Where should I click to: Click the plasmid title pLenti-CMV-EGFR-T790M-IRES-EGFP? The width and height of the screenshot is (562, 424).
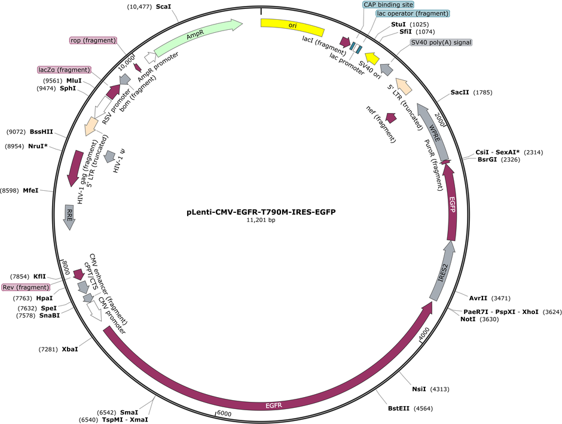[x=261, y=212]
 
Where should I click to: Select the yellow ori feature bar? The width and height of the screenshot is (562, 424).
[x=292, y=26]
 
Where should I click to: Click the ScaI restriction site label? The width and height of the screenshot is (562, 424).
[x=163, y=7]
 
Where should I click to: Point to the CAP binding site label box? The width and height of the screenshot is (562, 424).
[x=389, y=5]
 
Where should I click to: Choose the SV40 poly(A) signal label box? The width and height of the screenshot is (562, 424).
[x=441, y=42]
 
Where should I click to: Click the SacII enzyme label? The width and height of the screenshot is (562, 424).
[x=460, y=93]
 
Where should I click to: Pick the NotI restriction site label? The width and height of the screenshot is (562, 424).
[x=468, y=319]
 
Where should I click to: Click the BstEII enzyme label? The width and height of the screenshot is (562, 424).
[x=399, y=408]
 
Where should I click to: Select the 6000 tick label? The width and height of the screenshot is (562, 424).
[x=224, y=414]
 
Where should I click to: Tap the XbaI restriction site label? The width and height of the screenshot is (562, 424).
[x=70, y=349]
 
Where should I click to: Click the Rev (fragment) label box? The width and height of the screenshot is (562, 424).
[x=26, y=288]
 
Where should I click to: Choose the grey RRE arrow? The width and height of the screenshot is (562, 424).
[x=69, y=218]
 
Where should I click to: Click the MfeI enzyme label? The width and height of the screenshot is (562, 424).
[x=30, y=191]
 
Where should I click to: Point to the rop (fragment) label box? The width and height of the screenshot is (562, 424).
[x=93, y=41]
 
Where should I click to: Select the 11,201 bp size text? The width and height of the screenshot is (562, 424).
[x=261, y=220]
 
